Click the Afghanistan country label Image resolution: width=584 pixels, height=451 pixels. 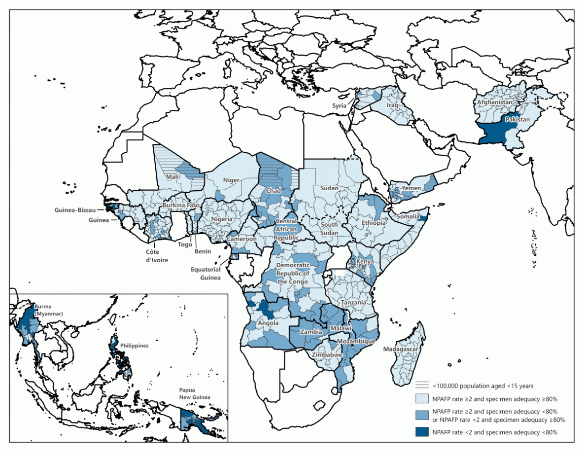coord(495,103)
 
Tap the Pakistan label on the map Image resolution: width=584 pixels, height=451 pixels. coord(516,120)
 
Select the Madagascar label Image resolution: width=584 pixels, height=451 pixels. coord(402,349)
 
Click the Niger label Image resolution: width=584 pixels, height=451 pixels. coord(231,180)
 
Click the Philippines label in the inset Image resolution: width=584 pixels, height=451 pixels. coord(134,346)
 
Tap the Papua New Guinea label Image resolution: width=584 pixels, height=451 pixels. coord(195,394)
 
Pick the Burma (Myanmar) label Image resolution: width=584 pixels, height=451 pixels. coord(44,309)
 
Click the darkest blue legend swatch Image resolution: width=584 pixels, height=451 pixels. coord(421,432)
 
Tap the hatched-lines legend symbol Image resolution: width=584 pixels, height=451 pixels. coord(421,385)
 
